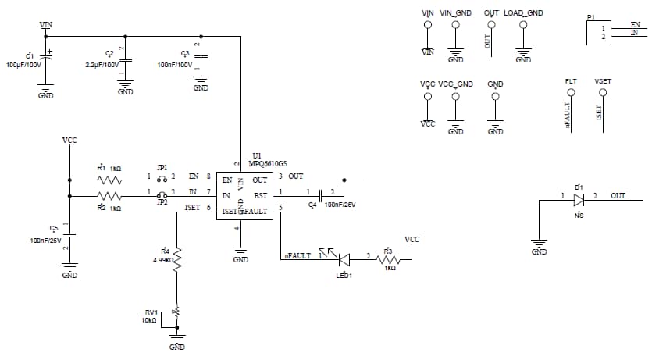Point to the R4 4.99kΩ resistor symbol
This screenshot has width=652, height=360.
click(177, 258)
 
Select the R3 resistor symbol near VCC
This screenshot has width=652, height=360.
click(388, 260)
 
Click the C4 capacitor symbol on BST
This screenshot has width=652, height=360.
click(322, 194)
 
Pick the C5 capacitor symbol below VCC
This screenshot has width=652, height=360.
click(69, 233)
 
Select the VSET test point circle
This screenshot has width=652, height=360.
click(602, 93)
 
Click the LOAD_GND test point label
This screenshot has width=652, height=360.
click(523, 13)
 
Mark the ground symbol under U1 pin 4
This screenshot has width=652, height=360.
click(240, 251)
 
